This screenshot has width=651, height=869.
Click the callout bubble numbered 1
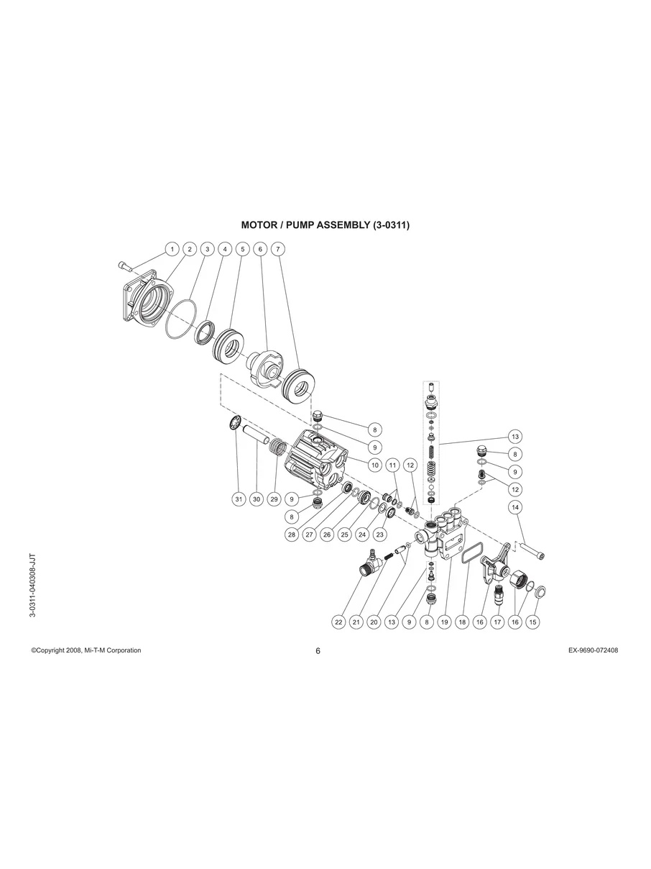(x=172, y=250)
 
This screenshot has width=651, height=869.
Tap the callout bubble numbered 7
(x=278, y=250)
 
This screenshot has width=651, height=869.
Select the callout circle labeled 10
(x=375, y=465)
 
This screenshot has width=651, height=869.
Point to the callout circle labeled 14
(x=515, y=507)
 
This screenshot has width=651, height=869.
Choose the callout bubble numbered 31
(x=239, y=499)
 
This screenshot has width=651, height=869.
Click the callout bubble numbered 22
(x=338, y=622)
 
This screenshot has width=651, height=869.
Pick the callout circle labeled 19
(x=445, y=622)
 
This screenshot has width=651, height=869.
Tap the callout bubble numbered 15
(x=533, y=622)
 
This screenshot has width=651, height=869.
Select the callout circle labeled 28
(x=292, y=534)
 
